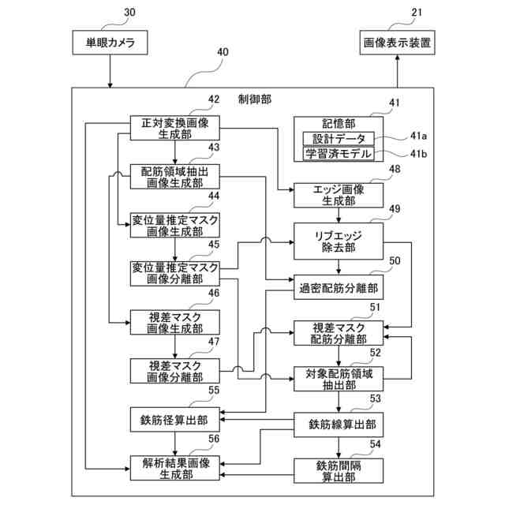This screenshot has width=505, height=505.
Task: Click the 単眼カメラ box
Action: [x=110, y=43]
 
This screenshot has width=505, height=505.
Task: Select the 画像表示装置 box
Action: [x=397, y=43]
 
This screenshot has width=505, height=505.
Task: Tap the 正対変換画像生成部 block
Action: [x=174, y=129]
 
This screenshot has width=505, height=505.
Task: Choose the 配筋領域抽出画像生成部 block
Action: [x=174, y=178]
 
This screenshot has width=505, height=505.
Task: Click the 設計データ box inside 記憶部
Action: [x=339, y=139]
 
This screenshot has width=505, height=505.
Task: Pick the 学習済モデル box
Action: [x=339, y=154]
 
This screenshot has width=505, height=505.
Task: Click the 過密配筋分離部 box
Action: [x=339, y=287]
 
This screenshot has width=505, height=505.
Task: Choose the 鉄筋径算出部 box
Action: [x=174, y=420]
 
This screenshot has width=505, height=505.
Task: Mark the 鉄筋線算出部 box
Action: [x=339, y=425]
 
